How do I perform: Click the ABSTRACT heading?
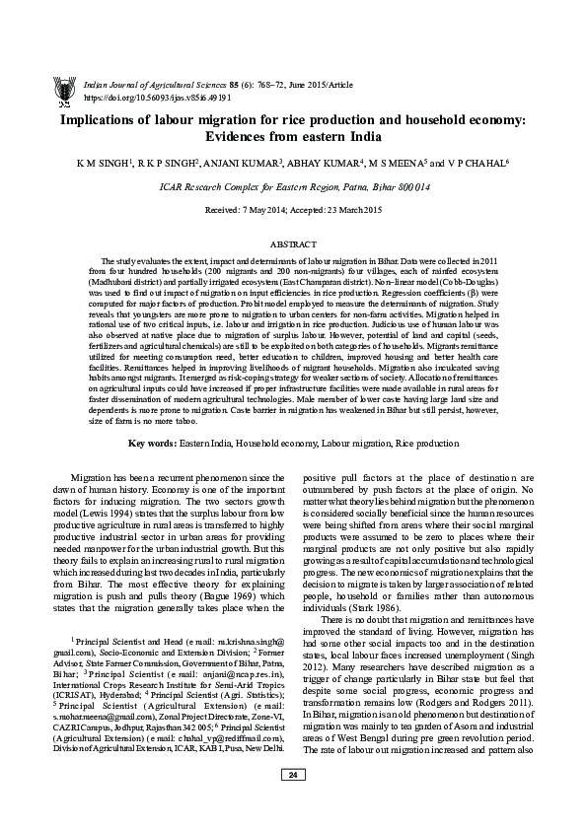pos(293,241)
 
